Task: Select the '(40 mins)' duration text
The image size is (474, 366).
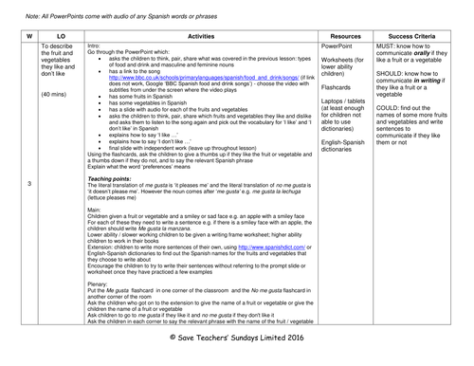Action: point(57,94)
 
